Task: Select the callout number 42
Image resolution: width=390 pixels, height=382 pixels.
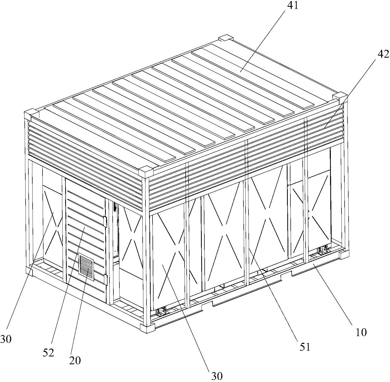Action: click(383, 54)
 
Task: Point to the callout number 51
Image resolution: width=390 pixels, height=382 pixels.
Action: click(304, 347)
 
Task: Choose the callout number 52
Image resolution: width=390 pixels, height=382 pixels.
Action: click(48, 353)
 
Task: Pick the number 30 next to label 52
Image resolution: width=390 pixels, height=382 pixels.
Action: click(6, 339)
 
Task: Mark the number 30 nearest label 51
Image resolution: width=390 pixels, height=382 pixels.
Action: click(217, 376)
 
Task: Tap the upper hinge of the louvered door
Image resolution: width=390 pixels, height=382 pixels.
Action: click(105, 221)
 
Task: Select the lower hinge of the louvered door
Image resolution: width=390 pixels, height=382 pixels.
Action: click(106, 279)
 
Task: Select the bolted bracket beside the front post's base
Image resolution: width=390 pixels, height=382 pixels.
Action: click(161, 312)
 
